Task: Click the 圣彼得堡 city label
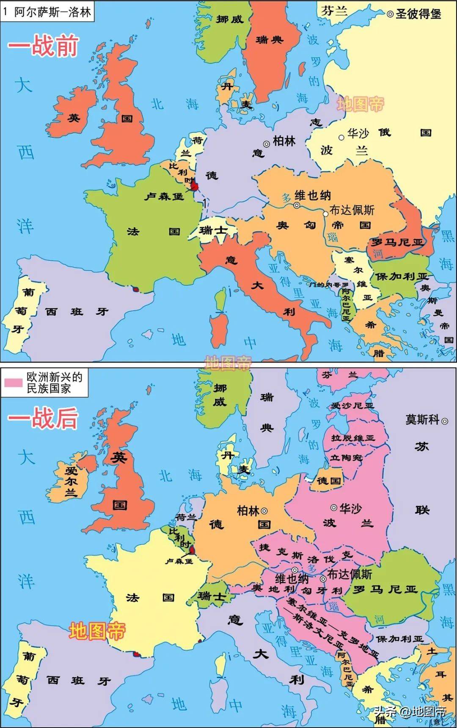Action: (x=418, y=14)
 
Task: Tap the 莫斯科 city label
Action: (x=422, y=420)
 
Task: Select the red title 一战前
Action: (x=43, y=46)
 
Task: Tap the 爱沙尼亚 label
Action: (x=352, y=406)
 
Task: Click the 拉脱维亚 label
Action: (x=353, y=438)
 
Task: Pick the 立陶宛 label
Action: (x=346, y=458)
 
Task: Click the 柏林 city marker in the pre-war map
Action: (x=267, y=144)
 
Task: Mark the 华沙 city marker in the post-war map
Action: (x=334, y=508)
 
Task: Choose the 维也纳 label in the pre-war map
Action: (x=312, y=195)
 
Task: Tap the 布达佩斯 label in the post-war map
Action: (x=350, y=574)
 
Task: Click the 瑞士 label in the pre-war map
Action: (x=213, y=231)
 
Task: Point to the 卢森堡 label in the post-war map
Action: (x=179, y=561)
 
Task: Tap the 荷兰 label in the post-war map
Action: (x=186, y=517)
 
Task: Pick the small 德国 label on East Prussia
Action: (x=329, y=481)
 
